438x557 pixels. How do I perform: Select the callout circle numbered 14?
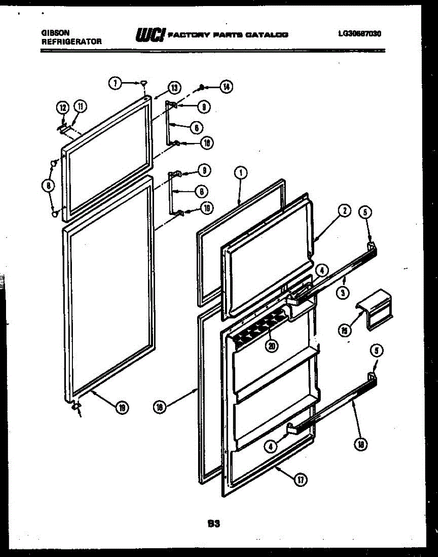click(226, 87)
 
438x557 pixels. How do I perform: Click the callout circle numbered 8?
click(47, 186)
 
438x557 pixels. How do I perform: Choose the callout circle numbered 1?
click(241, 174)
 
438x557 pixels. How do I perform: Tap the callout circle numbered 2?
click(344, 211)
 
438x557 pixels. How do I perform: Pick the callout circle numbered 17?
click(300, 480)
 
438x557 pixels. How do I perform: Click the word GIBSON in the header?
click(56, 33)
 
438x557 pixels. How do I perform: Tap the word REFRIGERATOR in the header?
click(71, 41)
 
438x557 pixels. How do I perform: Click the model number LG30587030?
click(360, 33)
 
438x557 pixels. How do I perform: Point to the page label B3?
click(213, 524)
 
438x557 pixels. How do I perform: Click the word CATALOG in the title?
click(268, 35)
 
